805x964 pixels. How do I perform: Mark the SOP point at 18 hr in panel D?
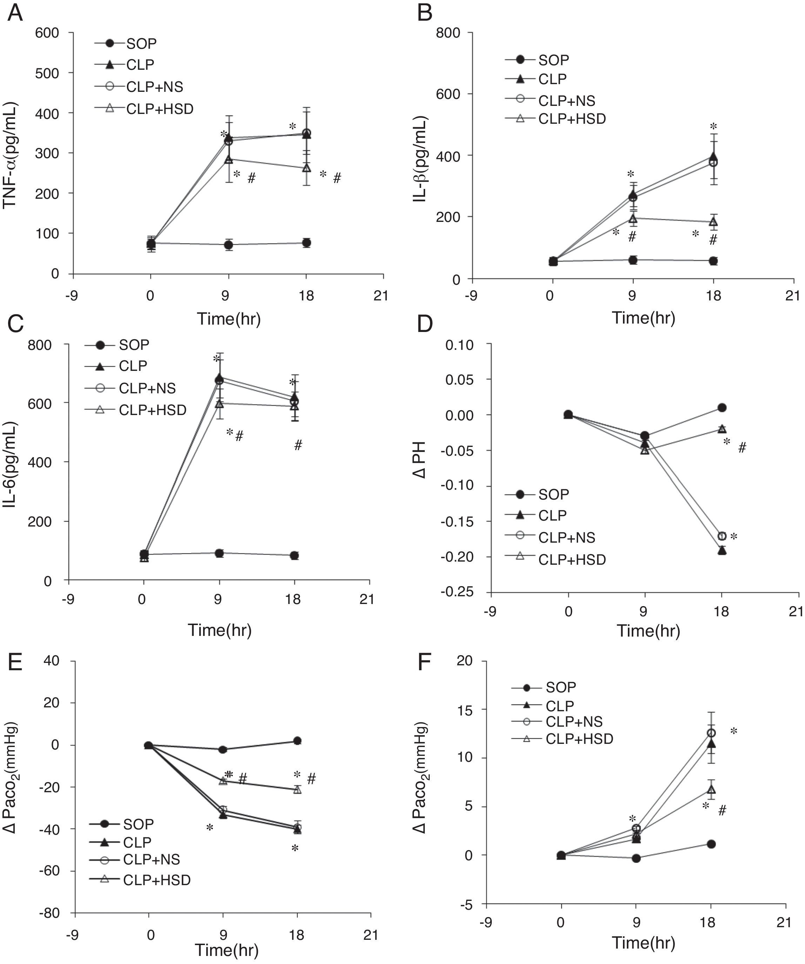tap(722, 408)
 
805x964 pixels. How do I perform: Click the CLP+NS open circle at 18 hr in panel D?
tap(722, 536)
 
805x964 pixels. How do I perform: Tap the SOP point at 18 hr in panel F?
tap(711, 844)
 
